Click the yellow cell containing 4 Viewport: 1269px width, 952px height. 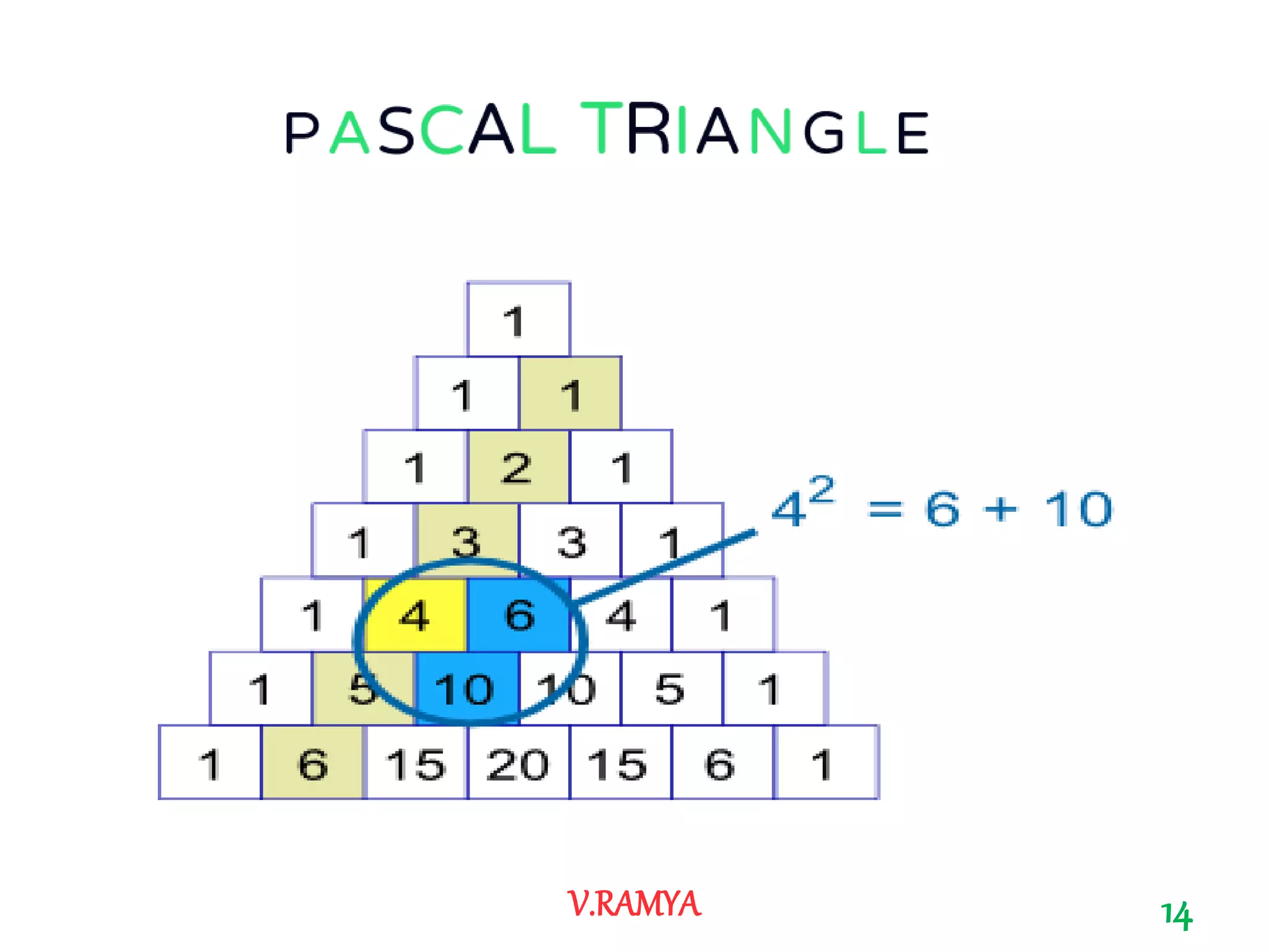coord(415,615)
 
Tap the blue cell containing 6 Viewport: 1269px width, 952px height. coord(519,615)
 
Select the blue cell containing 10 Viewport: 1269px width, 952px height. coord(466,689)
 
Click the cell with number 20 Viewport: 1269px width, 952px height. coord(518,763)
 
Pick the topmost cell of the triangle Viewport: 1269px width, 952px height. coord(518,320)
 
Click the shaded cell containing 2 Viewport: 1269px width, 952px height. coord(518,467)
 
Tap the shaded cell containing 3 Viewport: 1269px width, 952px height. coord(466,540)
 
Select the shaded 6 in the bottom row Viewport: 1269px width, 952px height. coord(312,763)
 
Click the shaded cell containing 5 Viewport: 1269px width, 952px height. coord(363,689)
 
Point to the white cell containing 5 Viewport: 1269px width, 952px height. coord(670,689)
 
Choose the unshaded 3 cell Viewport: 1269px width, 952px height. coord(570,540)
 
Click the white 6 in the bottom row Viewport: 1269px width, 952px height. coord(721,763)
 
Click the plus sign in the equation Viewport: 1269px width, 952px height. coord(1000,510)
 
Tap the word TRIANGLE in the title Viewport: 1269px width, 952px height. coord(755,130)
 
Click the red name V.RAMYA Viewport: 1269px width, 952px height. coord(633,904)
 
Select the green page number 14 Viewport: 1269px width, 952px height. coord(1176,915)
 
